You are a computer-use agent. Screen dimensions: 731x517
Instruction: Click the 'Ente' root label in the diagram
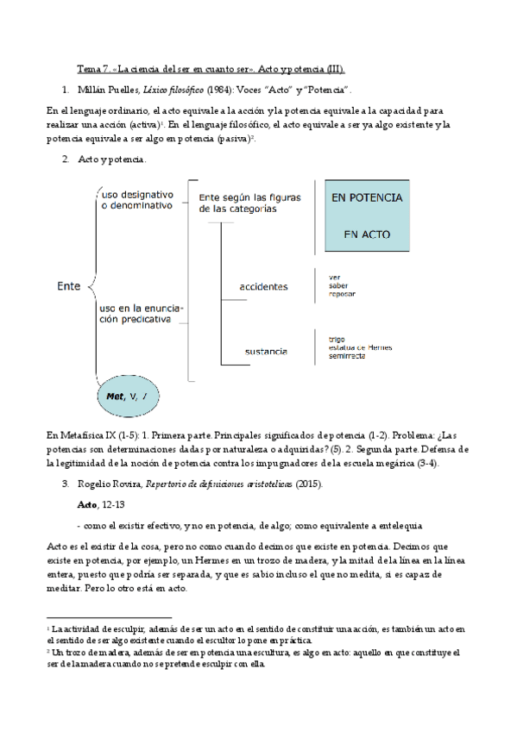pyautogui.click(x=68, y=284)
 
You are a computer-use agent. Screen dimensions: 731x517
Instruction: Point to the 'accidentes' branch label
pyautogui.click(x=264, y=286)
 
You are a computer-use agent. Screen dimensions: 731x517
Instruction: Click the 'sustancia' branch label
pyautogui.click(x=266, y=352)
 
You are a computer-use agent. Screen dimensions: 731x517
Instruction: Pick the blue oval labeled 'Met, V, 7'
pyautogui.click(x=129, y=396)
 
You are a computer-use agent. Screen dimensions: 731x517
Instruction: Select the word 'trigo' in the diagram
pyautogui.click(x=325, y=340)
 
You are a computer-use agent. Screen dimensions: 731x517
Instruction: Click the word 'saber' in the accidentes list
pyautogui.click(x=327, y=285)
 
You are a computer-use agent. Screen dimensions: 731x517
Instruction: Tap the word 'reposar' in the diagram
pyautogui.click(x=331, y=294)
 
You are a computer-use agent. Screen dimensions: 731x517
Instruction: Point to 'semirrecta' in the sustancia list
pyautogui.click(x=335, y=357)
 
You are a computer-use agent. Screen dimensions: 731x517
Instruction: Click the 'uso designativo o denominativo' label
pyautogui.click(x=138, y=200)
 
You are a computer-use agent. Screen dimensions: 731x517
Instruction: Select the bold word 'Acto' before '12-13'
pyautogui.click(x=87, y=503)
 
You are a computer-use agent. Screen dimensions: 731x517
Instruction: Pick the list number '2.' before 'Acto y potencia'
pyautogui.click(x=66, y=159)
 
